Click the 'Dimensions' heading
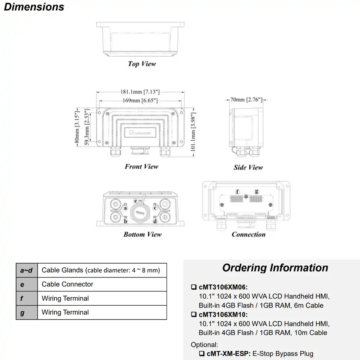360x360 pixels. [34, 7]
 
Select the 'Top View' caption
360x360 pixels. [142, 64]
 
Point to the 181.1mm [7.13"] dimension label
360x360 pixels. [140, 91]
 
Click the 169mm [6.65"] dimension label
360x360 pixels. [140, 100]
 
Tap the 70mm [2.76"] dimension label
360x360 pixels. [246, 100]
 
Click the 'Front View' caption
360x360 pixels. [142, 166]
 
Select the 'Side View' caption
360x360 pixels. [248, 167]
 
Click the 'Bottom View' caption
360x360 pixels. [142, 234]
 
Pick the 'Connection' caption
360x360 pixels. [248, 234]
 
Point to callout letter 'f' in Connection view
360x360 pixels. [237, 192]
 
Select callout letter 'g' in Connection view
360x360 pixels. [256, 192]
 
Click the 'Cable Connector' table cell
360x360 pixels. [67, 284]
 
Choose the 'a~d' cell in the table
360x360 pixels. [26, 270]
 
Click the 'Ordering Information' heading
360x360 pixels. [275, 268]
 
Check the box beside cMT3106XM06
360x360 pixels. [194, 288]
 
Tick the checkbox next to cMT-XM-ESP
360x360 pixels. [202, 354]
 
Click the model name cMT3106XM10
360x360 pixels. [223, 315]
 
